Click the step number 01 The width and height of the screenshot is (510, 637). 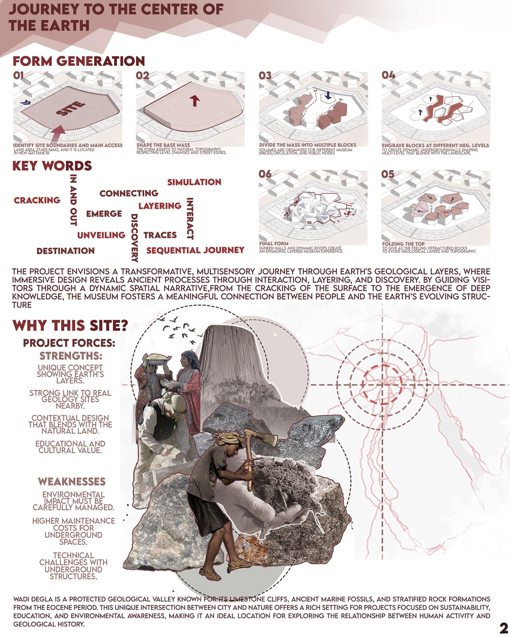tap(18, 76)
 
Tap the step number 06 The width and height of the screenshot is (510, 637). tap(265, 174)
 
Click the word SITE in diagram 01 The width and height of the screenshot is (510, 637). tap(71, 109)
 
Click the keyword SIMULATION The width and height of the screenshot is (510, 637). tap(194, 182)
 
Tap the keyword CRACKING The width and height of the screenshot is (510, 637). tap(37, 200)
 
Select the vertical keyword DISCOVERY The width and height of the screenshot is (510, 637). tap(135, 238)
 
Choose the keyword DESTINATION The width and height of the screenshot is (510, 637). tap(66, 251)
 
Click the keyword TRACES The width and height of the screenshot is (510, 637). tap(160, 235)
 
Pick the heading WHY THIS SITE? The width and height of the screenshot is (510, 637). tap(70, 326)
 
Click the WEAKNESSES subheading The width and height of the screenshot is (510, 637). tap(72, 482)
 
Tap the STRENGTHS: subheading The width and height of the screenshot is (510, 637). tap(71, 356)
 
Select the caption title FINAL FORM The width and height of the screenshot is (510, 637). tap(274, 244)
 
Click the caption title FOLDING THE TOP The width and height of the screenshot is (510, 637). tap(403, 244)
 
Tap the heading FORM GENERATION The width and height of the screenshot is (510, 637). tap(79, 61)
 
